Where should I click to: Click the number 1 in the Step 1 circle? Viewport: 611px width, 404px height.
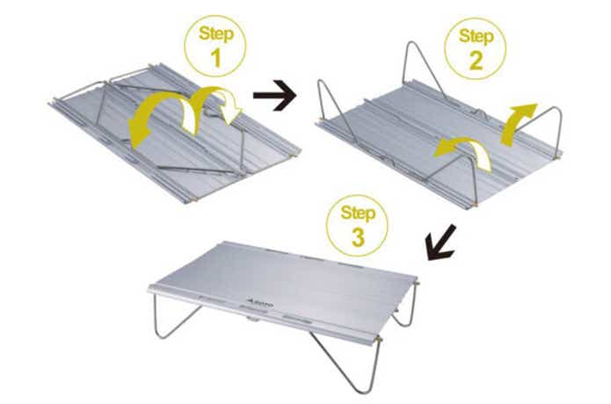215,58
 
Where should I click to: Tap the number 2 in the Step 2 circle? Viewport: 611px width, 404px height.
476,61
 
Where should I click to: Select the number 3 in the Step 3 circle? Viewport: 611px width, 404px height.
358,237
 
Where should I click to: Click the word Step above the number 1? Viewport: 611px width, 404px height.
216,34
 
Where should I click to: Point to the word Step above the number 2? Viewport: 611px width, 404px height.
476,37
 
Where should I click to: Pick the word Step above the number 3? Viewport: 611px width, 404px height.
358,213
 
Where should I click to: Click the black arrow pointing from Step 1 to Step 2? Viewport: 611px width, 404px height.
274,96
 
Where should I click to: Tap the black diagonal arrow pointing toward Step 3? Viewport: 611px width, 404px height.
441,242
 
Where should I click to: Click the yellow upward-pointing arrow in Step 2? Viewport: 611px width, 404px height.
519,125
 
